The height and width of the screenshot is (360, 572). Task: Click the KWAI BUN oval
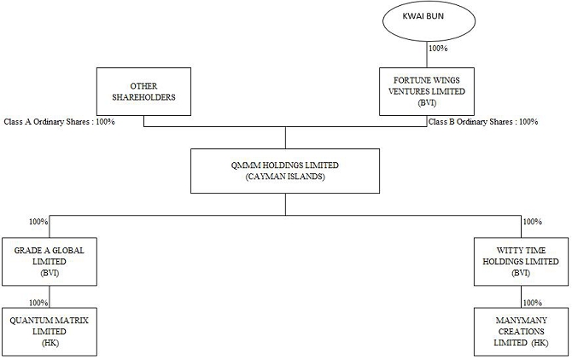tap(429, 20)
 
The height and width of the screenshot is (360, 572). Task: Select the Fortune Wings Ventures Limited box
tap(427, 91)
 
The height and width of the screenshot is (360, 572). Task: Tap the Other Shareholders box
tap(143, 91)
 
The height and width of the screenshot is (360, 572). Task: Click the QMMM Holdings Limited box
tap(285, 171)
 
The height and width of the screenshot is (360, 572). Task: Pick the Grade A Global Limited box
tap(50, 262)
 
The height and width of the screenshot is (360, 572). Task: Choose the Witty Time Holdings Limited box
tap(522, 262)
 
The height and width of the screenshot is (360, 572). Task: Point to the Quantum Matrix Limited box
tap(50, 332)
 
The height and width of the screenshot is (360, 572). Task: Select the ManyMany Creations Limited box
tap(522, 332)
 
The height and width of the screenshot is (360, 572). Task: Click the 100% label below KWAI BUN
tap(438, 48)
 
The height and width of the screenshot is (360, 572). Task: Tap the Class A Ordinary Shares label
tap(59, 122)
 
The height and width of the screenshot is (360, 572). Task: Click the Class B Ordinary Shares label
tap(483, 122)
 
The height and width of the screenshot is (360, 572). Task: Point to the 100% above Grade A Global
tap(38, 222)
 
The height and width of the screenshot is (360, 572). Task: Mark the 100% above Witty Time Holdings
tap(533, 222)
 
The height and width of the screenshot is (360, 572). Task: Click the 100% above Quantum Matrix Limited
tap(38, 303)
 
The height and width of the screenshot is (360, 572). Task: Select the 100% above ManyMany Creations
tap(533, 303)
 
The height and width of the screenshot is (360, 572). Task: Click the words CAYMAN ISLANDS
tap(285, 177)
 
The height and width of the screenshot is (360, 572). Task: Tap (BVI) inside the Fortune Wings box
tap(427, 102)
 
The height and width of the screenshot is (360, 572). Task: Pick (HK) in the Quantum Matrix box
tap(50, 343)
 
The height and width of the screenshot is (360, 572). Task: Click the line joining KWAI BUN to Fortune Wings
tap(427, 55)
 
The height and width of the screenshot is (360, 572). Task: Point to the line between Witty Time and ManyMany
tap(522, 297)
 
